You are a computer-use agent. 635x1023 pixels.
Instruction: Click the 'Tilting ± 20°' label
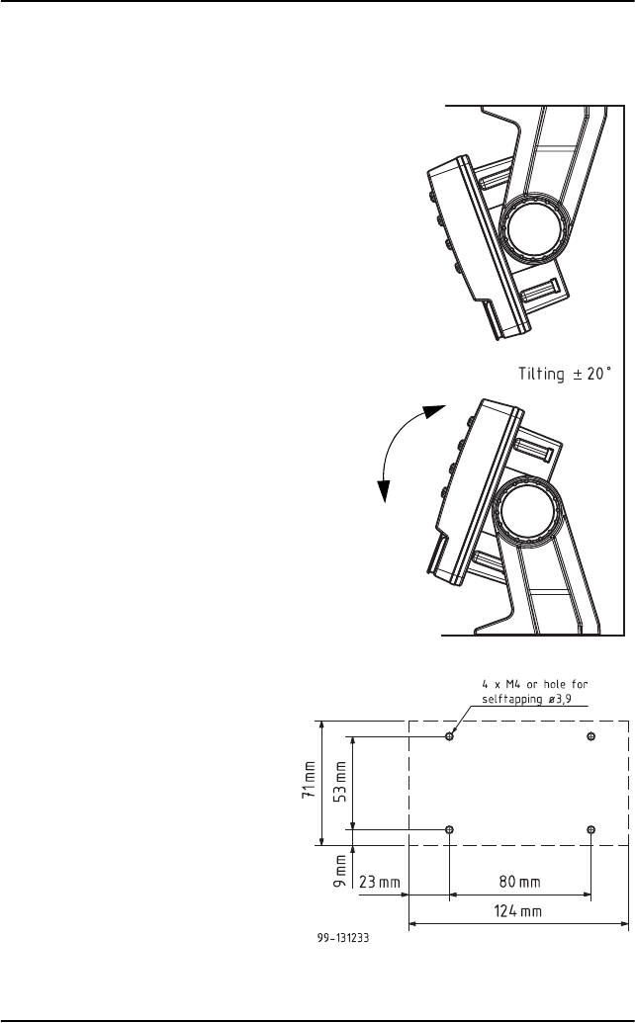(565, 374)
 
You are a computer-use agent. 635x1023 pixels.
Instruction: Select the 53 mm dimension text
(340, 782)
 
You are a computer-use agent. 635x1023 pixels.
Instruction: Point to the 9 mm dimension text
(340, 871)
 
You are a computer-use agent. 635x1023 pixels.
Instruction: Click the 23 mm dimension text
(379, 882)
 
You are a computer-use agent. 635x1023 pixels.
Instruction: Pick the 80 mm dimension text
(519, 882)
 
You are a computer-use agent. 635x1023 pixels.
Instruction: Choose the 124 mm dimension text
(517, 910)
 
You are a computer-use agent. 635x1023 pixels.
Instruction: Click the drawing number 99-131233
(342, 938)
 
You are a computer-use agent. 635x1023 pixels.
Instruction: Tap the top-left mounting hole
(449, 736)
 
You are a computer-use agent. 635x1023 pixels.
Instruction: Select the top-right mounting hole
(590, 736)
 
